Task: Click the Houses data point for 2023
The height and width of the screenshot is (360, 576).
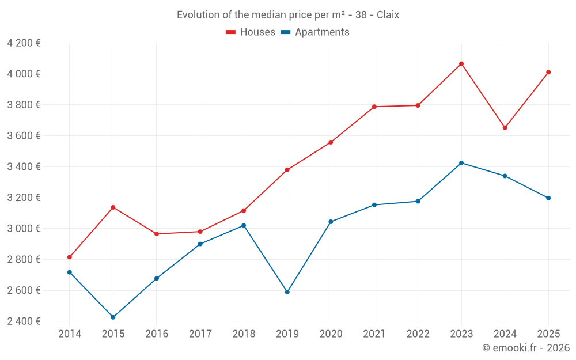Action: tap(461, 64)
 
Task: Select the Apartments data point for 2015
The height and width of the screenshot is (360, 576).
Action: tap(113, 317)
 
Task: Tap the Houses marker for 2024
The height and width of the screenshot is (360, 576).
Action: tap(505, 128)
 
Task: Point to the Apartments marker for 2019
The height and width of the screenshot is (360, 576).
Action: tap(287, 292)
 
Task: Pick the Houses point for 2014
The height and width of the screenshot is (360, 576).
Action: tap(70, 257)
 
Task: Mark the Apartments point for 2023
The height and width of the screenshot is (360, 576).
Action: tap(461, 163)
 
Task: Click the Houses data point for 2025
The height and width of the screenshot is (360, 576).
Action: tap(548, 73)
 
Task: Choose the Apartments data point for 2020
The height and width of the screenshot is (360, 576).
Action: tap(331, 222)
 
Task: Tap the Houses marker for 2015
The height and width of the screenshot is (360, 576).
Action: tap(113, 207)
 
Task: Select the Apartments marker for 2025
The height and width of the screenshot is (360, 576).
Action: tap(548, 198)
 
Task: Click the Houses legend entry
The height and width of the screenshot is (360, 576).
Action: tap(251, 32)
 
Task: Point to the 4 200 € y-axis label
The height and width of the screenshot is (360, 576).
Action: tap(24, 43)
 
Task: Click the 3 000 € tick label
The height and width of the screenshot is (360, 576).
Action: tap(24, 229)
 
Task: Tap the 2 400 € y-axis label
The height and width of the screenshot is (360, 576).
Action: tap(24, 321)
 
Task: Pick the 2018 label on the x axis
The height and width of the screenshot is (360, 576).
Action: tap(244, 334)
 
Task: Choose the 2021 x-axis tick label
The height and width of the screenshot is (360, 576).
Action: tap(374, 334)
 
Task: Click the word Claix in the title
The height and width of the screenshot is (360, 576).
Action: tap(388, 15)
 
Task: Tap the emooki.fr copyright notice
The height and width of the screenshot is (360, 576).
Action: tap(526, 348)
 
